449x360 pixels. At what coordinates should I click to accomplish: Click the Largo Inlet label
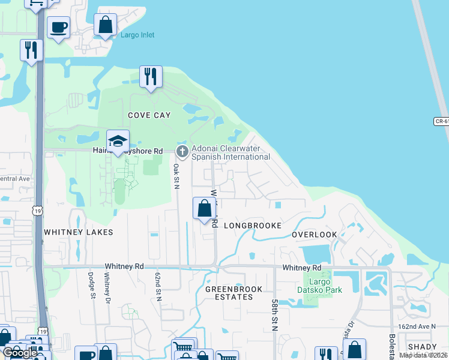(x=137, y=35)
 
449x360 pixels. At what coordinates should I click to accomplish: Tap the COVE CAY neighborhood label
(x=149, y=115)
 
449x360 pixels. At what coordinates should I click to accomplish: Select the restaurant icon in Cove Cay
(x=150, y=77)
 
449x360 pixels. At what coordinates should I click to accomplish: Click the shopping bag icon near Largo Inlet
(x=105, y=26)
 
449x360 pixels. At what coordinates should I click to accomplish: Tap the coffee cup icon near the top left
(x=58, y=28)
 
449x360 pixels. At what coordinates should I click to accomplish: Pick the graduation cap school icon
(x=118, y=142)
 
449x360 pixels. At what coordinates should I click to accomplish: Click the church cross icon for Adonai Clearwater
(x=182, y=149)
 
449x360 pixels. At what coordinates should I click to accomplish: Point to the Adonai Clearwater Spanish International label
(x=231, y=153)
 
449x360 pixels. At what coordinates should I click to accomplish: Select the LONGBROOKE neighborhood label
(x=253, y=226)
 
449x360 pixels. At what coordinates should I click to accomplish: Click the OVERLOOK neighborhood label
(x=315, y=235)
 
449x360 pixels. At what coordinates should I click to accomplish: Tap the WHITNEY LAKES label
(x=70, y=232)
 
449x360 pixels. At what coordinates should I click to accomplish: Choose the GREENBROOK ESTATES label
(x=234, y=293)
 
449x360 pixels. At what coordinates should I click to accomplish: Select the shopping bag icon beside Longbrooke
(x=204, y=208)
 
